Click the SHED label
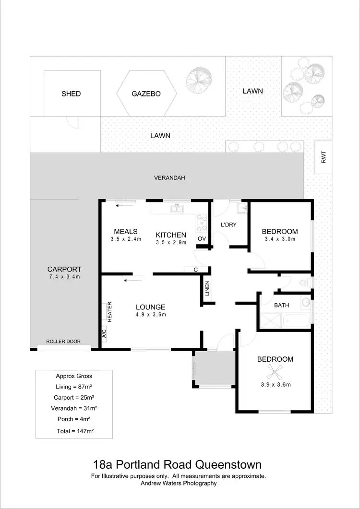click(71, 94)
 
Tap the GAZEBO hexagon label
click(146, 94)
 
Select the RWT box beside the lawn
click(323, 156)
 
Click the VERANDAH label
click(169, 178)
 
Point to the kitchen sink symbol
click(177, 208)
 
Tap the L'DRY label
click(228, 225)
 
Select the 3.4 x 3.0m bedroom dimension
click(279, 238)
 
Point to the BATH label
click(281, 305)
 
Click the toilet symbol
click(304, 283)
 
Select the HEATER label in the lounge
click(109, 311)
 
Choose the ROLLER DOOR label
click(63, 342)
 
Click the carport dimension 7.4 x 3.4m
click(64, 277)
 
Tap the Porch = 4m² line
click(74, 419)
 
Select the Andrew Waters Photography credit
click(179, 484)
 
